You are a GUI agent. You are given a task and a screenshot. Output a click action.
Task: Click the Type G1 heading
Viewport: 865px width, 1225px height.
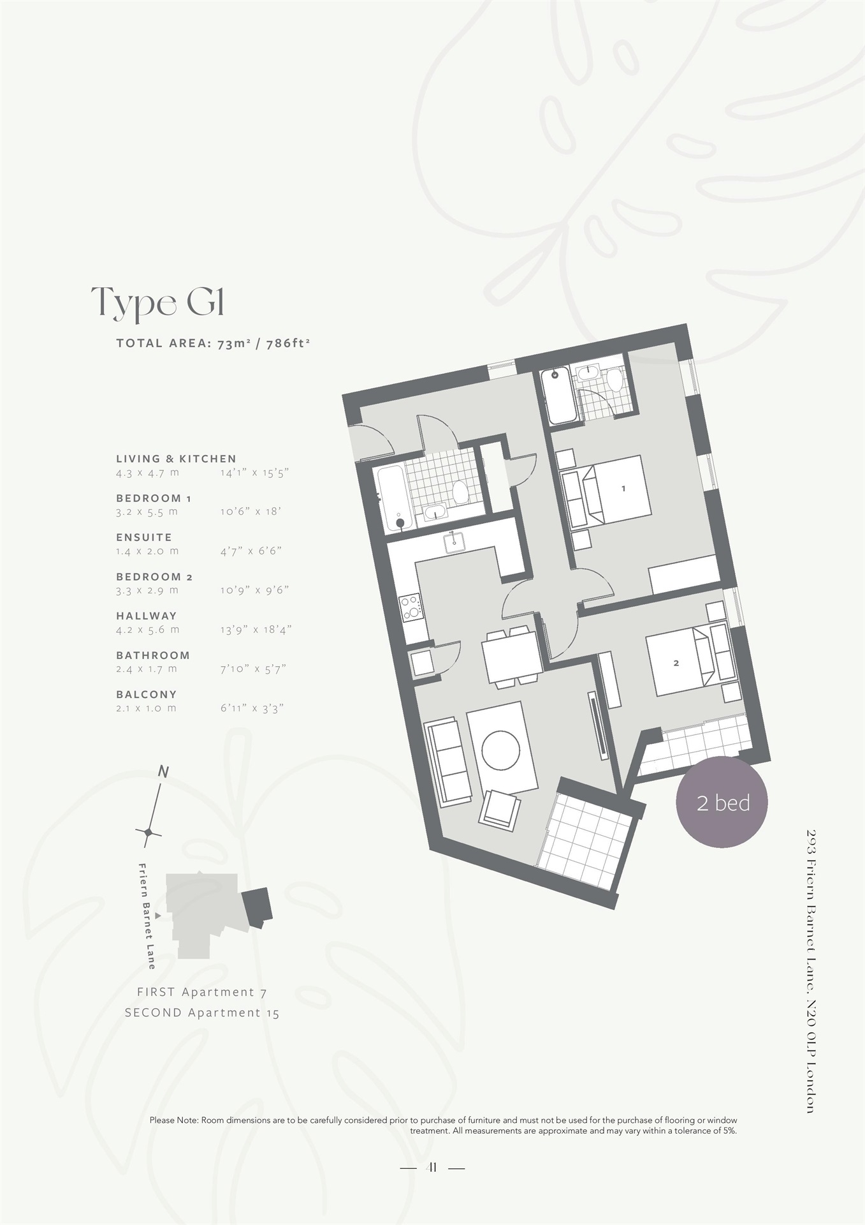157,303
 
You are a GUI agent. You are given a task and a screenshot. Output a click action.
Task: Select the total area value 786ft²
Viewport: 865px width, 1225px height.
288,343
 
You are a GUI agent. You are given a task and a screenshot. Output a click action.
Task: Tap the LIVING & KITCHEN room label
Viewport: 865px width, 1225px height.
176,459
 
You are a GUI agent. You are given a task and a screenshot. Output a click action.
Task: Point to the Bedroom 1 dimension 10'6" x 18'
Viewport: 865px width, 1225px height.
251,512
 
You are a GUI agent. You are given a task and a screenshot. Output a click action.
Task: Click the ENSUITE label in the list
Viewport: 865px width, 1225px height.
144,537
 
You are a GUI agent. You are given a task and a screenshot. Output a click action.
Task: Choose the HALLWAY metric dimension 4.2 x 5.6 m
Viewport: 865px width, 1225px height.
148,630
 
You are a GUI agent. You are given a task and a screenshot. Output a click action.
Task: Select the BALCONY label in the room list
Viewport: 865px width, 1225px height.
146,694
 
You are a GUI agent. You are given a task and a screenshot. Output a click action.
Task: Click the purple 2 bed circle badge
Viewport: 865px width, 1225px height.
722,803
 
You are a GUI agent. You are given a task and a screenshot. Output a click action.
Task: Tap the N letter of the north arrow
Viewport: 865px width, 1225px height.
163,773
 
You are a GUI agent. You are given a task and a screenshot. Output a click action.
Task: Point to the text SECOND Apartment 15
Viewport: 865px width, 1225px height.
201,1013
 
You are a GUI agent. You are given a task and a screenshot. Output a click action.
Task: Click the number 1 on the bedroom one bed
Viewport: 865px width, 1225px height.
623,489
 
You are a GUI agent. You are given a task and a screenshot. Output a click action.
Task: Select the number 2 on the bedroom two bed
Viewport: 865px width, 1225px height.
676,663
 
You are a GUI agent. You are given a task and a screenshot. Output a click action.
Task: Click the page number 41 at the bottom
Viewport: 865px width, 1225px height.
432,1168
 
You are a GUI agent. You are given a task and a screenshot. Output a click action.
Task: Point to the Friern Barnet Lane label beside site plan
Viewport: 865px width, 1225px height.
147,916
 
